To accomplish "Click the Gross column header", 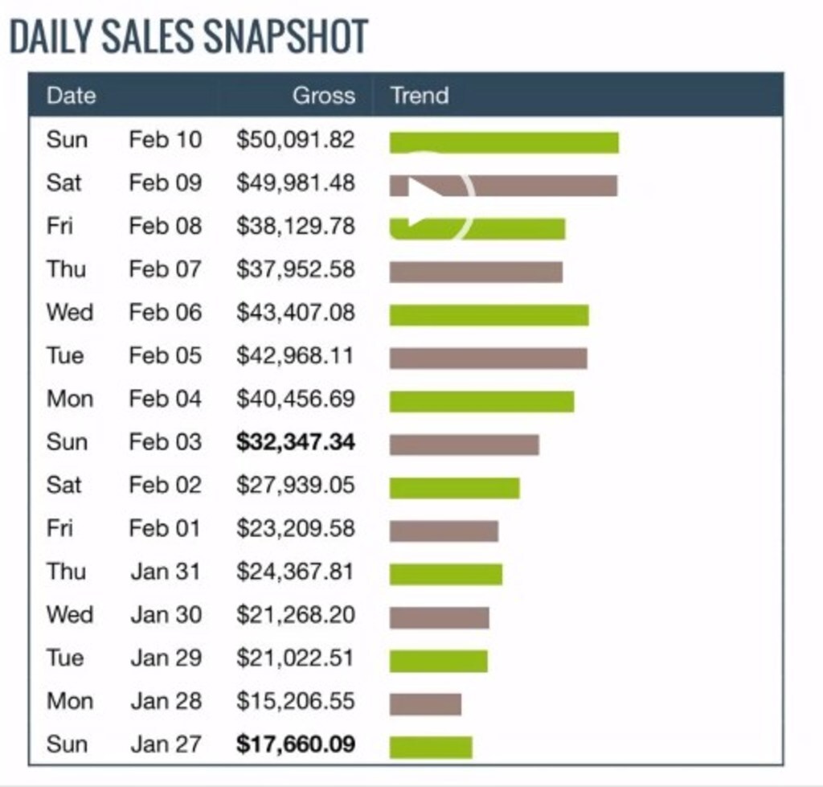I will click(x=323, y=96).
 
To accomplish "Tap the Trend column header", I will click(x=419, y=96).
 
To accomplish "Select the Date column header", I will click(x=71, y=96).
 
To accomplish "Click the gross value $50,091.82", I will click(x=295, y=140).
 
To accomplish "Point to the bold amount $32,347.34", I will click(x=295, y=442).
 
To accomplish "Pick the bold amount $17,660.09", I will click(x=295, y=744).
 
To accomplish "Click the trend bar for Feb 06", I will click(x=489, y=315).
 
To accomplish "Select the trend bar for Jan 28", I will click(x=425, y=704).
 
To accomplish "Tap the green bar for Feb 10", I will click(x=504, y=142).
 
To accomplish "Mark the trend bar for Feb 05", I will click(x=488, y=359).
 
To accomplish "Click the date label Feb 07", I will click(x=165, y=269).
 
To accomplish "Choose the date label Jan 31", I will click(x=166, y=572).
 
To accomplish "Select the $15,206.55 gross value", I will click(x=295, y=701).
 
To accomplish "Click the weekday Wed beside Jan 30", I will click(x=69, y=615).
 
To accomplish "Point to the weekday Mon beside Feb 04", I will click(x=69, y=399).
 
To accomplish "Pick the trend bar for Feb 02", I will click(x=454, y=488).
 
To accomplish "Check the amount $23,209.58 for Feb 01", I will click(x=295, y=529).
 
